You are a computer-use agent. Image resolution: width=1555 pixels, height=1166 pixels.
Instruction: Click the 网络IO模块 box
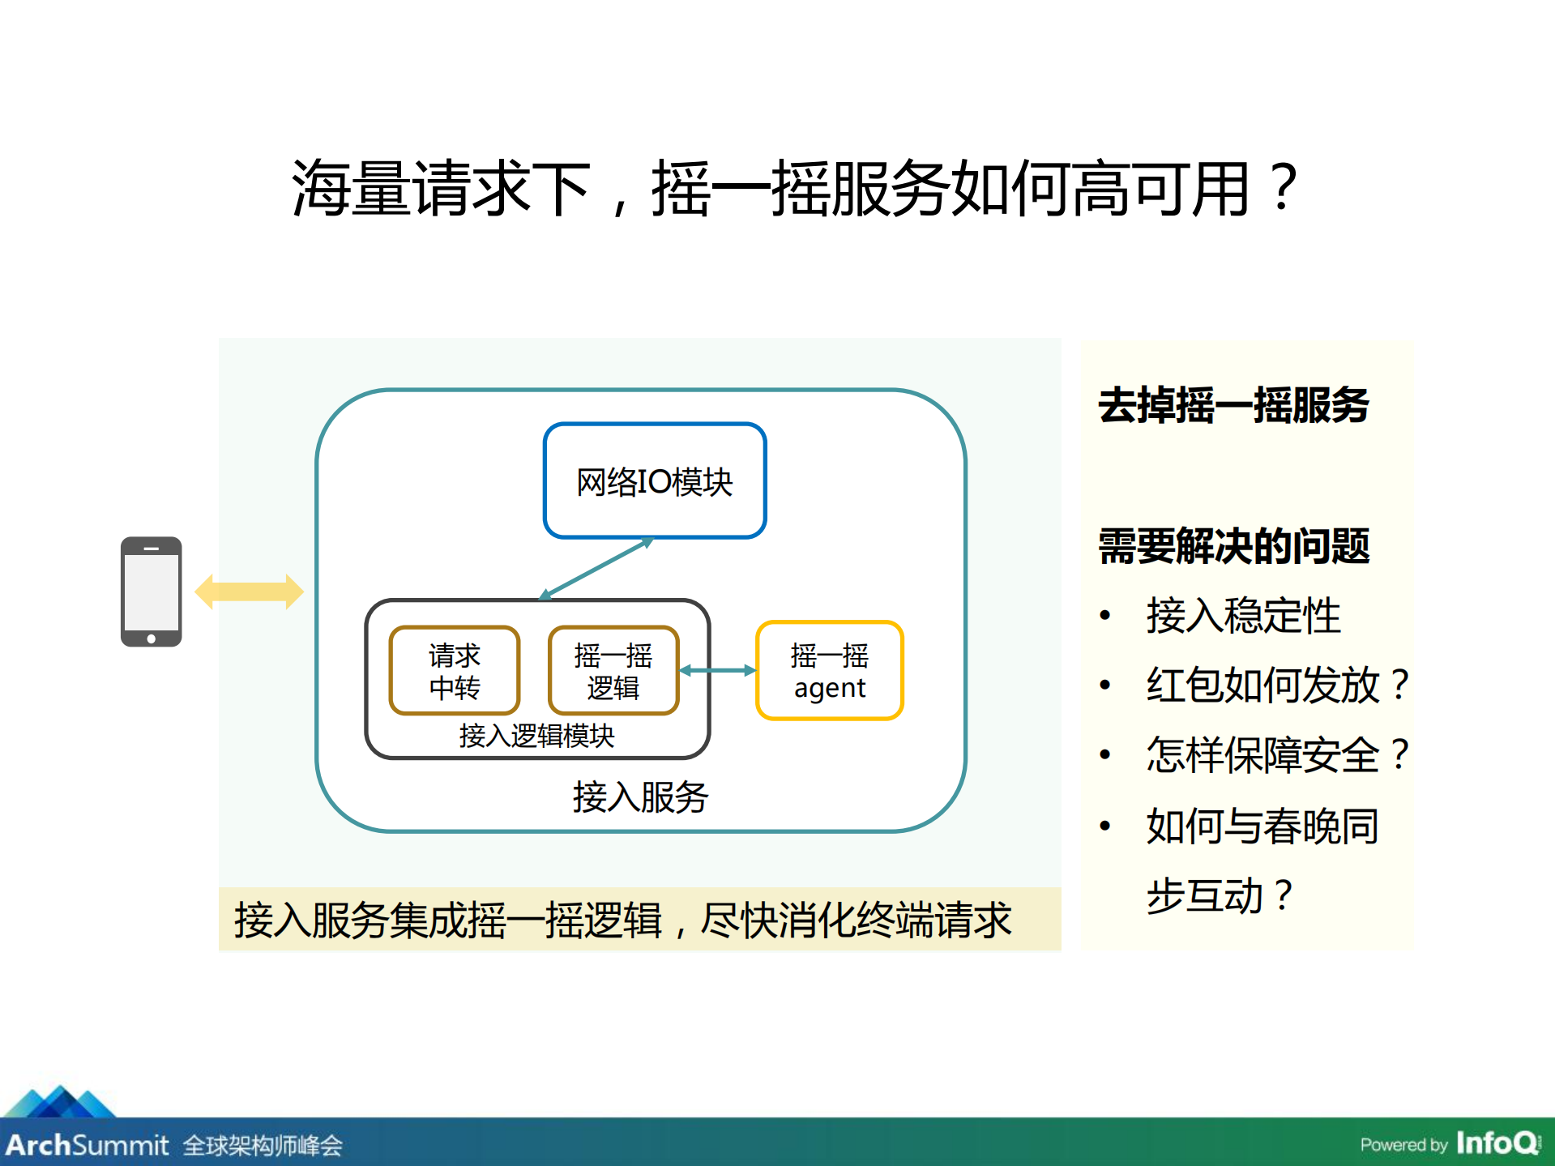(x=655, y=481)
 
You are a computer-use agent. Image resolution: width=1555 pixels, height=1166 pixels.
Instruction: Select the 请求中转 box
(x=454, y=671)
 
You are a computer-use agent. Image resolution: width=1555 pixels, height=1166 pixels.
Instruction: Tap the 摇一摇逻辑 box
(x=613, y=671)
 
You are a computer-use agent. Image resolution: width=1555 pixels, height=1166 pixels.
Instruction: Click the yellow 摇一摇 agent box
(x=829, y=671)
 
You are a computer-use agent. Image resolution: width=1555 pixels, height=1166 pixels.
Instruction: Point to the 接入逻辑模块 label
(x=536, y=736)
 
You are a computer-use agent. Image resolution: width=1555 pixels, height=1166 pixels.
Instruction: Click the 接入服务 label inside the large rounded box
(x=640, y=797)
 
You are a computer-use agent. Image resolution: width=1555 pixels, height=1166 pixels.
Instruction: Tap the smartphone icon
(x=151, y=592)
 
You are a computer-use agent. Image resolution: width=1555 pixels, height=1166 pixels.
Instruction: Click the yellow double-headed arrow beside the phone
(x=249, y=592)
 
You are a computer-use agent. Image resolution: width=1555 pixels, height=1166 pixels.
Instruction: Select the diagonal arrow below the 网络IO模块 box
(x=596, y=569)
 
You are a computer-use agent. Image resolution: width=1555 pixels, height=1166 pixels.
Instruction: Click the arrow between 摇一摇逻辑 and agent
(x=717, y=670)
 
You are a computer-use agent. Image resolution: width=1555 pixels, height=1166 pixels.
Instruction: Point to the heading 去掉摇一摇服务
(x=1233, y=405)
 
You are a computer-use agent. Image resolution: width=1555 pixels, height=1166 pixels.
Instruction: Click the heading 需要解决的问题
(x=1233, y=546)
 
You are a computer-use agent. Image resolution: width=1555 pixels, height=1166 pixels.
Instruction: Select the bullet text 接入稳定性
(x=1243, y=616)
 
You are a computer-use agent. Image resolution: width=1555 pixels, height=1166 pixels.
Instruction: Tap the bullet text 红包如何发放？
(x=1277, y=686)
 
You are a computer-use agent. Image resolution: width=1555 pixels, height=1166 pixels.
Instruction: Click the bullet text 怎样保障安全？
(x=1277, y=755)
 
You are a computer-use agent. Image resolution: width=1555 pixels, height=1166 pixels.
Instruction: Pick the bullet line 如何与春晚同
(x=1262, y=826)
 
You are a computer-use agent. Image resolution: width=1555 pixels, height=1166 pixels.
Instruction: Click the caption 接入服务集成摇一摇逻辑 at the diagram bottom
(x=622, y=920)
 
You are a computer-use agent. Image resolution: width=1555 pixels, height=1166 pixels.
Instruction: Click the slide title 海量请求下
(x=794, y=188)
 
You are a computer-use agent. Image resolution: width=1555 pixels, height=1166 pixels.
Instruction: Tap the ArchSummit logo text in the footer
(x=88, y=1145)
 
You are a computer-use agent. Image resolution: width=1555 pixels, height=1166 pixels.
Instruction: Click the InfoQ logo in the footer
(x=1497, y=1143)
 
